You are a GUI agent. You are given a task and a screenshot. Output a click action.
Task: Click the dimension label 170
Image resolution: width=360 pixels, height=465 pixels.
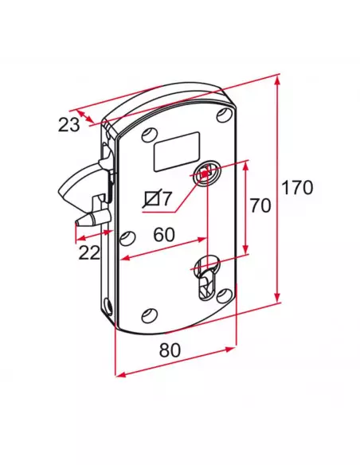click(x=297, y=187)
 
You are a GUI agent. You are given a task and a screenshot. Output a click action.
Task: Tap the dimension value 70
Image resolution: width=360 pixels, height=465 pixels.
click(x=260, y=205)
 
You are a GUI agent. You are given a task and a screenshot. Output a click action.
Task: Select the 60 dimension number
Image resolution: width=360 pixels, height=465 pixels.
click(x=164, y=235)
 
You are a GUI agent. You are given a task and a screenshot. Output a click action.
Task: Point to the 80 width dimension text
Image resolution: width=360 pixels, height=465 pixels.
click(x=170, y=350)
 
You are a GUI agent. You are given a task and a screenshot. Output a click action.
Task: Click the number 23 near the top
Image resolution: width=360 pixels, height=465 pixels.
click(x=69, y=124)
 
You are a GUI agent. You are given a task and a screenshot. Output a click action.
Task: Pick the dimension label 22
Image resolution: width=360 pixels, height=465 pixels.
click(x=89, y=253)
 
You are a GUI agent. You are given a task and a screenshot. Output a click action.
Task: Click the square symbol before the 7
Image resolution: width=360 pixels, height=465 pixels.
click(x=152, y=198)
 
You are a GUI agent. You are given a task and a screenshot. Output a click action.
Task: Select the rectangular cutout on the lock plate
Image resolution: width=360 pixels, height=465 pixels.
click(x=177, y=151)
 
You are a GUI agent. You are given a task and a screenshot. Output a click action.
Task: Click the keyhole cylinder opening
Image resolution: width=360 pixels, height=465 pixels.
click(x=207, y=277)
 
